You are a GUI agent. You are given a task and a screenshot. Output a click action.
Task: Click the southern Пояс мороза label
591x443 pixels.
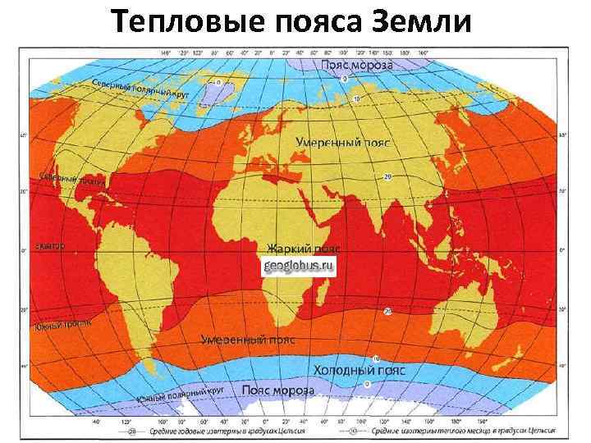pos(275,390)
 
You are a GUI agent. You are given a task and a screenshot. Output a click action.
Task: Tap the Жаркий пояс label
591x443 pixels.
pos(304,247)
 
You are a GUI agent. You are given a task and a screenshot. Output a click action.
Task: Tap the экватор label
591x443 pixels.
pos(50,246)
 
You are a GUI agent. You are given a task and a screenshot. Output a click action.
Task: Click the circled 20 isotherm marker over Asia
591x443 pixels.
pos(387,176)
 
